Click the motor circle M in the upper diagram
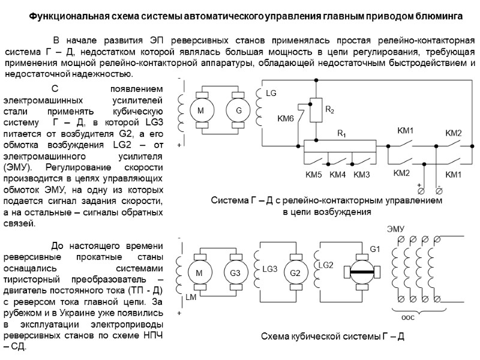click(202, 111)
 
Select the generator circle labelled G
click(238, 111)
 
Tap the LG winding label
click(271, 94)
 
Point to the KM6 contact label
click(286, 119)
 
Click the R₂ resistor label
click(329, 110)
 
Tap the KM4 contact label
click(338, 175)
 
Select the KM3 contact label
click(362, 175)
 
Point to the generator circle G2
click(295, 274)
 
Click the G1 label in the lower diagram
click(376, 249)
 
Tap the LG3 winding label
click(270, 269)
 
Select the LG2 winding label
click(326, 265)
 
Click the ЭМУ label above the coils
click(395, 228)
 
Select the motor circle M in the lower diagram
click(197, 274)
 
